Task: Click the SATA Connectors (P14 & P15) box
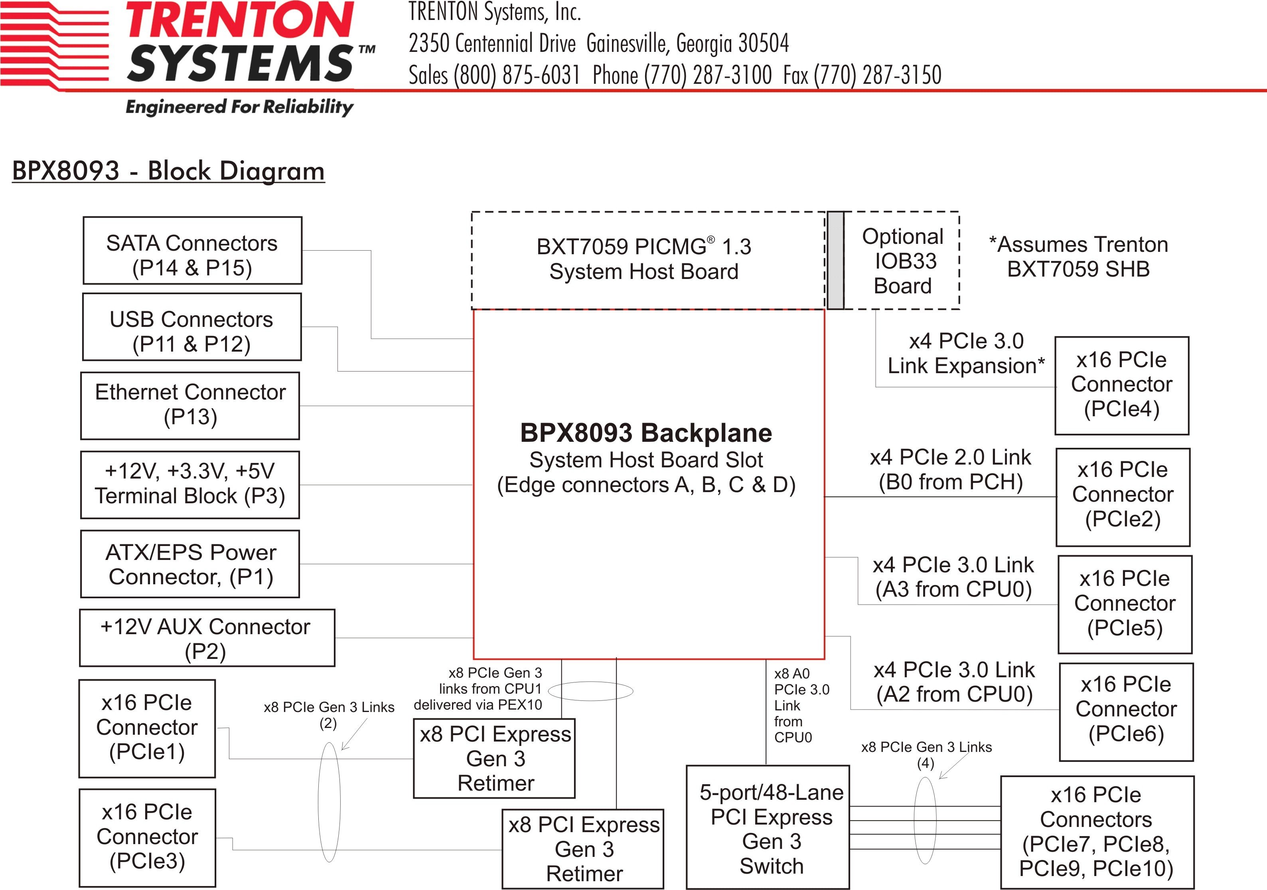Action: pos(192,251)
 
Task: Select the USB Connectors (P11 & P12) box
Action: pos(191,327)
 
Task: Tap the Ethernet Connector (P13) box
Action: pos(190,406)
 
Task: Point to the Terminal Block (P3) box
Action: pos(190,485)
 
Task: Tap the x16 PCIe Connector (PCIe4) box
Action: pos(1121,386)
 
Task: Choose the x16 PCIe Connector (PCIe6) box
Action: pos(1126,712)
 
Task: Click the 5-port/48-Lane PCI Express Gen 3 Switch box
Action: pos(767,827)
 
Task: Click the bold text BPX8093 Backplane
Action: pos(645,433)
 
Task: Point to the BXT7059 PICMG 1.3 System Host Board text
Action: pos(643,259)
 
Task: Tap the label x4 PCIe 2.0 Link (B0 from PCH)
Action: pos(950,469)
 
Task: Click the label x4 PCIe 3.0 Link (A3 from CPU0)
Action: pos(953,577)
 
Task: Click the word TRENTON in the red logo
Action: pos(239,20)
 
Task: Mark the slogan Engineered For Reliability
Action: pos(239,107)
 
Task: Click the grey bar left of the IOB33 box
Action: pos(835,260)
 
